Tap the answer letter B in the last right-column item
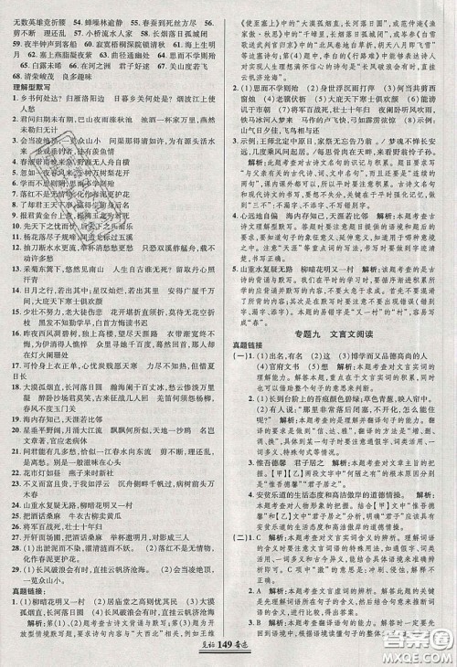pos(255,614)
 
